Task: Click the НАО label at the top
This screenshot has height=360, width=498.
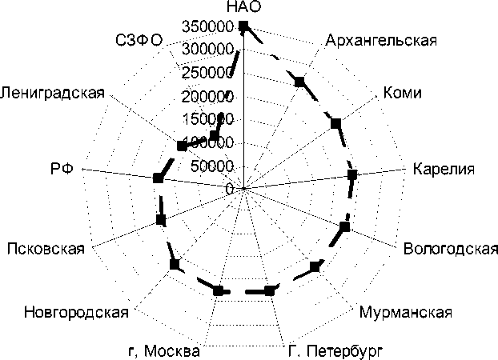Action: click(243, 8)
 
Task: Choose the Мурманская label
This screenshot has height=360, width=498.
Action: click(406, 312)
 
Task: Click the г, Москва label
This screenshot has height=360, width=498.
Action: click(164, 350)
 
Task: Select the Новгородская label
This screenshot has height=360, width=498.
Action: click(76, 312)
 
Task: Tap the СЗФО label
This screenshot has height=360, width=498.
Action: click(139, 40)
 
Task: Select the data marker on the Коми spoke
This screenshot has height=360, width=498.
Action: click(336, 123)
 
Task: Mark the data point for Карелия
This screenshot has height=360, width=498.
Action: click(352, 174)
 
